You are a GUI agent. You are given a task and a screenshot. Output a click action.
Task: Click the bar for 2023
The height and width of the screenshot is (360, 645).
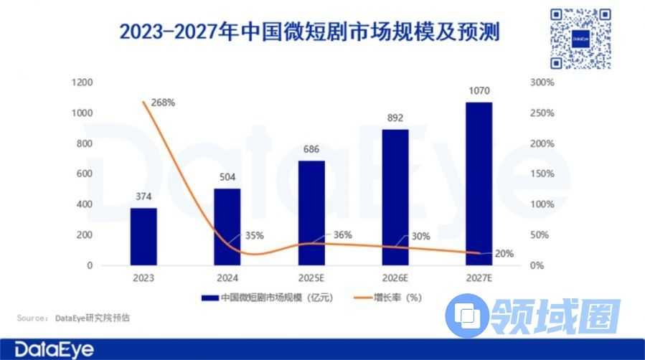(143, 237)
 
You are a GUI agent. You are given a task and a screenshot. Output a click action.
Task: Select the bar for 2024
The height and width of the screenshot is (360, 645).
(227, 227)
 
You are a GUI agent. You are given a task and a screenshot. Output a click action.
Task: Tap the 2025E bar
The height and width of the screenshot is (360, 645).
(311, 213)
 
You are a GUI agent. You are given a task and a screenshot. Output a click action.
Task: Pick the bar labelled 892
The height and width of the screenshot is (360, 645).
(394, 197)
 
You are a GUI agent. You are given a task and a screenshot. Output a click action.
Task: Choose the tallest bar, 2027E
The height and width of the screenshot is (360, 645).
(478, 184)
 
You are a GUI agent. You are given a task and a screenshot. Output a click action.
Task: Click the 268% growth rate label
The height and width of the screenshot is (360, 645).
(164, 103)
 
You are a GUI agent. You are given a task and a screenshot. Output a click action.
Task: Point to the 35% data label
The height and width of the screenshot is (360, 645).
(255, 235)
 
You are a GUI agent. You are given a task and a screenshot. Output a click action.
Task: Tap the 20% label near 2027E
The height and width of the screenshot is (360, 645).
(504, 253)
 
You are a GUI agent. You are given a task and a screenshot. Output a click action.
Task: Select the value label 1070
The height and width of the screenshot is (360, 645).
(478, 92)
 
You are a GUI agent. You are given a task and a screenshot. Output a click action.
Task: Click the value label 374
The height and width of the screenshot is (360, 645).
(143, 198)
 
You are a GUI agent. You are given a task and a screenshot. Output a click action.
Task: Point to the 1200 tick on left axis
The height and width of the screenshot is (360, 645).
(83, 83)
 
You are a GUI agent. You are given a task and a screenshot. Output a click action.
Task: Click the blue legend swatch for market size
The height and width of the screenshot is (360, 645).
(209, 298)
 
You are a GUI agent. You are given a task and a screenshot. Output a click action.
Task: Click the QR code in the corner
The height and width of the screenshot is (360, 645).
(580, 39)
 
